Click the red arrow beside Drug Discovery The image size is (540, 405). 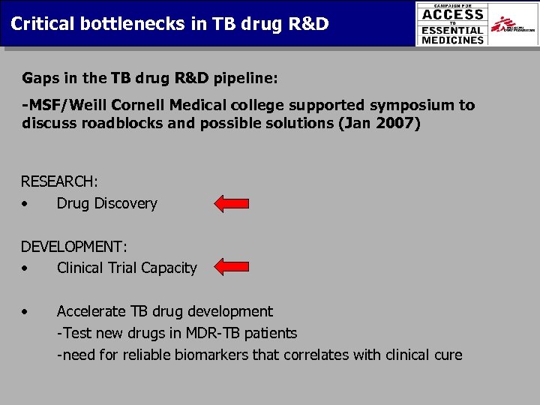click(x=232, y=203)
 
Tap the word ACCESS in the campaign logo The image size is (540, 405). click(x=453, y=15)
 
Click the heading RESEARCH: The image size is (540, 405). click(x=59, y=181)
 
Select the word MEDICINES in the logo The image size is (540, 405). click(x=453, y=40)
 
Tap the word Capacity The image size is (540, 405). click(x=169, y=268)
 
